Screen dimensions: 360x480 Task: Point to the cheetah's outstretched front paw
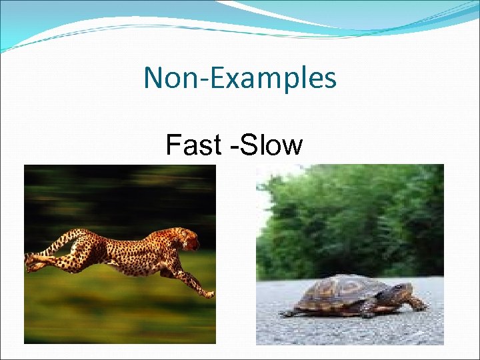click(208, 293)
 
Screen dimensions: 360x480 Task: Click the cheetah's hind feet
click(31, 265)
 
